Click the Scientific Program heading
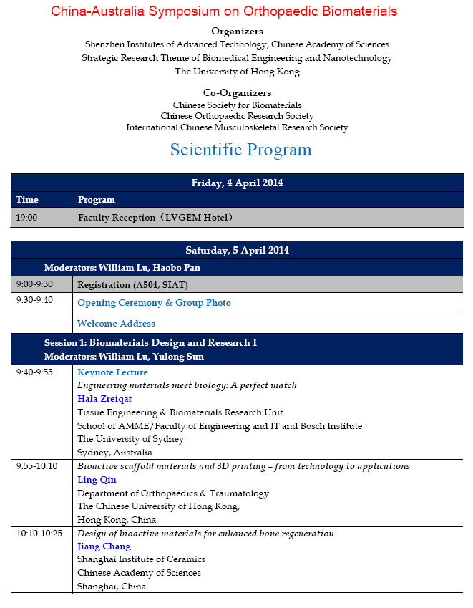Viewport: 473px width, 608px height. pos(240,150)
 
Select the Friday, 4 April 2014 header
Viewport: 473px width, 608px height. pos(237,183)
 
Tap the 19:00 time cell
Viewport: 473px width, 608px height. pos(26,217)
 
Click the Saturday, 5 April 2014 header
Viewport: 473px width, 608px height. pos(237,250)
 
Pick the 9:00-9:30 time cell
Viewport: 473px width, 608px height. pos(34,284)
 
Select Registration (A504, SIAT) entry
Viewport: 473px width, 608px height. pos(132,284)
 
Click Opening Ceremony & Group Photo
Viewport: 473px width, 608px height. pos(154,303)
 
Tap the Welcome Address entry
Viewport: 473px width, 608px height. pos(116,324)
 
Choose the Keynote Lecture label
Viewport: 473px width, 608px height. pos(112,372)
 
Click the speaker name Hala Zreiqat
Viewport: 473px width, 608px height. pos(104,399)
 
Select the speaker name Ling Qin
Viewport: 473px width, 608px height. pos(97,480)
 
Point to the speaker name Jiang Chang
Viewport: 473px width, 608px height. pos(104,546)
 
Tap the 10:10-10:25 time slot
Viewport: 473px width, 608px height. pos(39,534)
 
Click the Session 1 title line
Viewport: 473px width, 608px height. pos(150,343)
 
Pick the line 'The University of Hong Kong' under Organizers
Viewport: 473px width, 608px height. pos(237,72)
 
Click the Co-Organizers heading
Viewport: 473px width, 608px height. pos(237,93)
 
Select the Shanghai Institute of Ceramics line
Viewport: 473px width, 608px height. pos(141,559)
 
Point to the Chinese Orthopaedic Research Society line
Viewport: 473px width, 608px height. pos(237,116)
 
